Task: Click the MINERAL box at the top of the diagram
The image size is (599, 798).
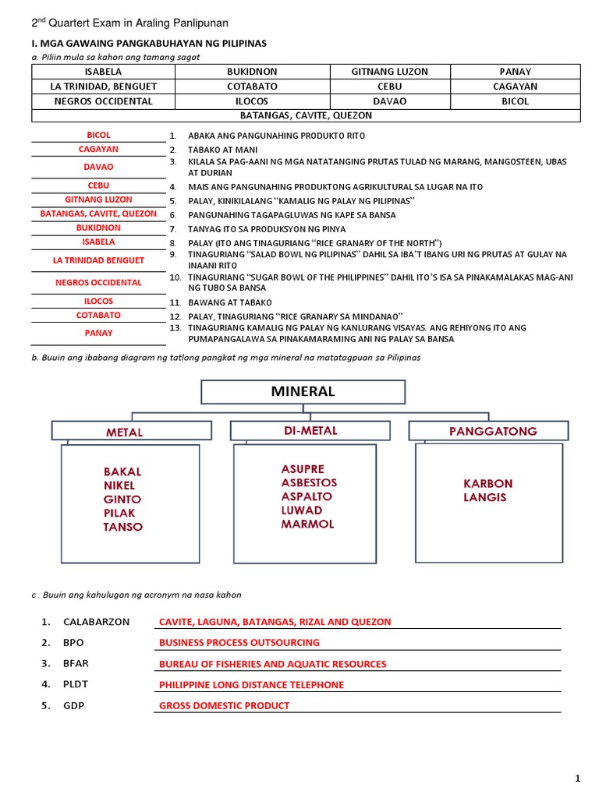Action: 303,392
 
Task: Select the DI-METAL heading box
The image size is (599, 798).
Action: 310,431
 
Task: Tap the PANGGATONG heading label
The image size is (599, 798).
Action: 492,431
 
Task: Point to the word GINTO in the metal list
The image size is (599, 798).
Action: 122,499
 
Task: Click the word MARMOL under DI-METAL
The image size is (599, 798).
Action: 307,524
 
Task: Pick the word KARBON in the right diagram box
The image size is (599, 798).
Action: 488,483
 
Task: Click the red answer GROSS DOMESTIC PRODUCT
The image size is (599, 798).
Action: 224,705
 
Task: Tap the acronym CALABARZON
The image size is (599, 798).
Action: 96,622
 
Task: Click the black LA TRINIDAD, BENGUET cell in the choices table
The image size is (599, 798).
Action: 103,87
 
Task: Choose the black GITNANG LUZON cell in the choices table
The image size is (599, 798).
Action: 390,72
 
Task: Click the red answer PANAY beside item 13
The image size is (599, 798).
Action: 98,333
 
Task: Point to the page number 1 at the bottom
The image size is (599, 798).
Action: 578,778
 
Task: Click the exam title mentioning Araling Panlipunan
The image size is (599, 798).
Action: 129,23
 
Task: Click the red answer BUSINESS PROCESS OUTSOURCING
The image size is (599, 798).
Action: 239,643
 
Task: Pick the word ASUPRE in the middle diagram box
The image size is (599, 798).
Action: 303,469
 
